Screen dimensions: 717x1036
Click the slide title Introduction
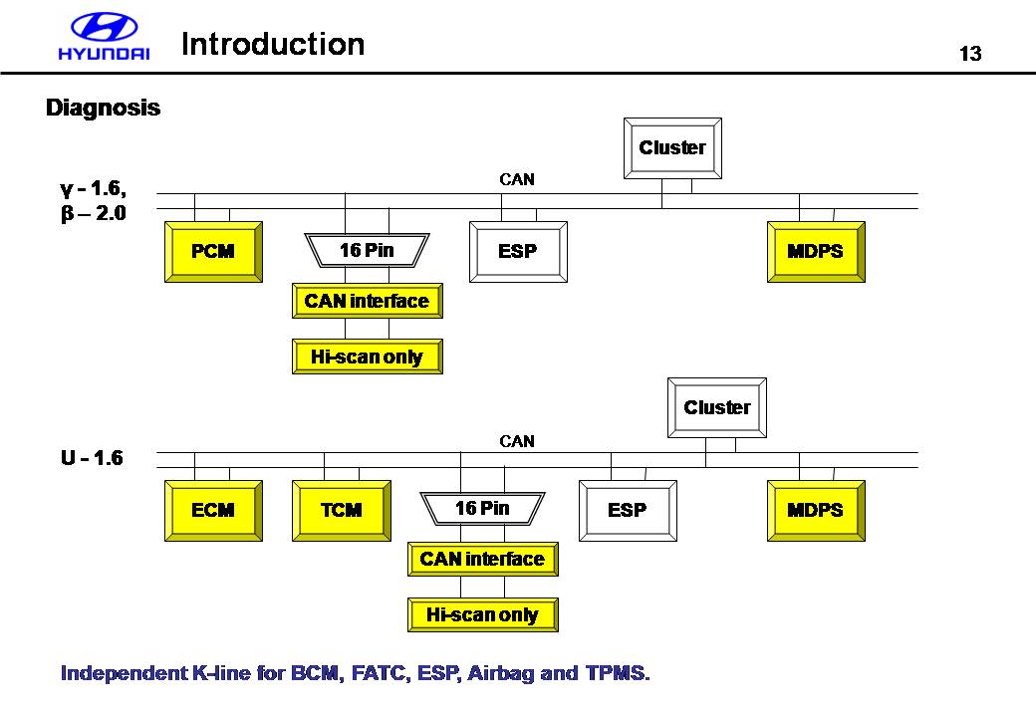tap(273, 44)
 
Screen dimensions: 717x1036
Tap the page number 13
tap(970, 54)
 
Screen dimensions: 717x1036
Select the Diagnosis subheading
tap(103, 108)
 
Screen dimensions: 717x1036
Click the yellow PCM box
tap(213, 252)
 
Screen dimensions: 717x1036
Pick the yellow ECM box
tap(213, 511)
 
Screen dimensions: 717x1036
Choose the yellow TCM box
tap(341, 511)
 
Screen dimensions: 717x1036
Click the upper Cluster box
tap(672, 148)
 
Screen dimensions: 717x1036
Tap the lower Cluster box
tap(716, 407)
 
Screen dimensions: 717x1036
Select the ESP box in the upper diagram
tap(518, 252)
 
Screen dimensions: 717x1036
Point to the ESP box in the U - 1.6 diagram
tap(628, 511)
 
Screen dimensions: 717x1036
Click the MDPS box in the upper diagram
tap(816, 252)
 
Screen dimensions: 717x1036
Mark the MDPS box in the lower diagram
tap(816, 511)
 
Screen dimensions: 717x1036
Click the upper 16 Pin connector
tap(367, 251)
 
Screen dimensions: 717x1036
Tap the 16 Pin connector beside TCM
tap(482, 509)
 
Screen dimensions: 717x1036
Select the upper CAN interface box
tap(367, 301)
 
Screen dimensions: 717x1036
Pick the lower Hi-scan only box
tap(482, 615)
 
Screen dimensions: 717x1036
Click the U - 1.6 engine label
tap(92, 459)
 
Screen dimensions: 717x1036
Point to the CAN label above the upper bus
tap(516, 180)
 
